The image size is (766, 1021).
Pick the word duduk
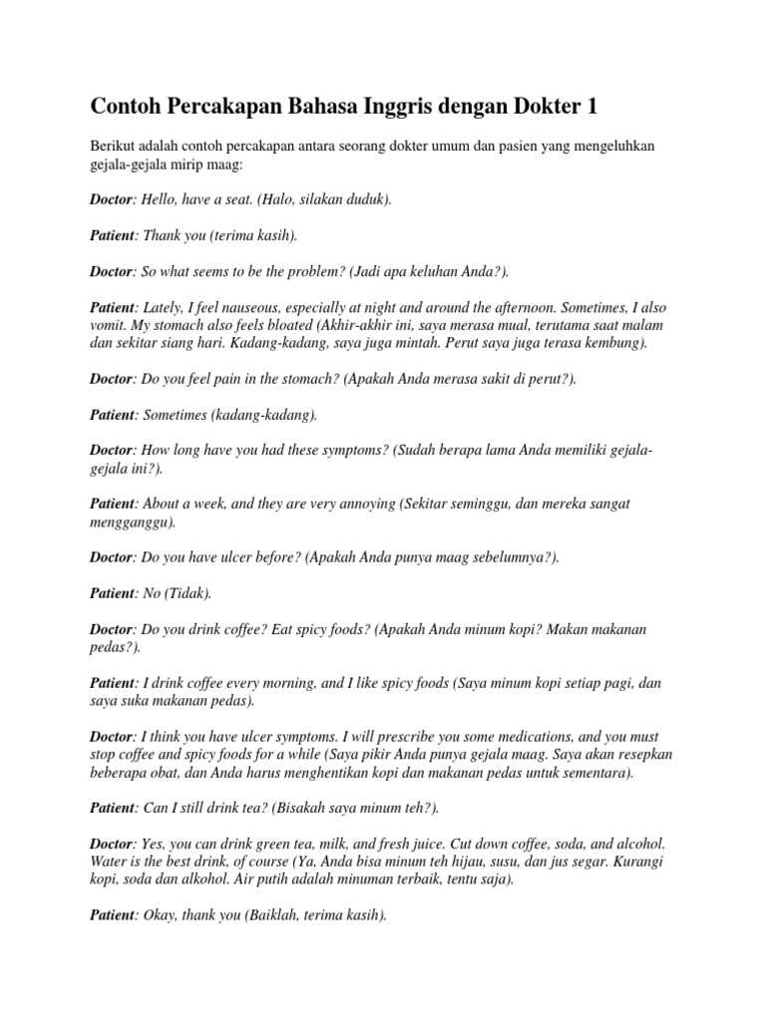[364, 199]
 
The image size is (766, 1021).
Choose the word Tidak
[191, 594]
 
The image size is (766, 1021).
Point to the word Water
[109, 861]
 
